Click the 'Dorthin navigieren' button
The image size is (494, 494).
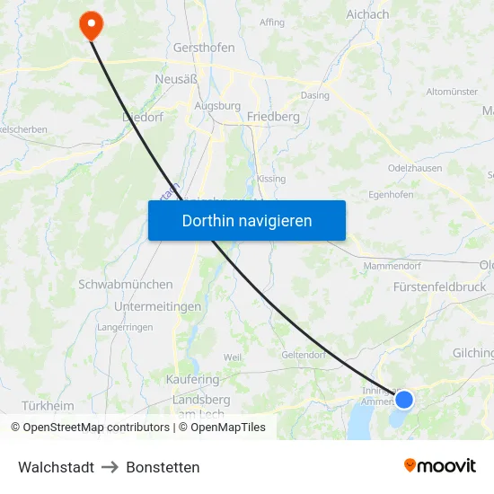[x=247, y=220]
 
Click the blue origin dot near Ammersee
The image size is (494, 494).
[x=404, y=399]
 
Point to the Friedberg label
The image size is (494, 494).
[x=272, y=117]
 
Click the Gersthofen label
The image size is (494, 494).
[x=204, y=48]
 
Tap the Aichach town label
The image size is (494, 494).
[x=367, y=14]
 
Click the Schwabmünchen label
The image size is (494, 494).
[x=126, y=284]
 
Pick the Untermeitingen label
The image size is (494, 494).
[x=157, y=306]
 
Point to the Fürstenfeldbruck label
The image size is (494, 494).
[x=440, y=287]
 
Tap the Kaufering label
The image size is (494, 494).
[x=192, y=380]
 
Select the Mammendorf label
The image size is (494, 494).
[x=393, y=266]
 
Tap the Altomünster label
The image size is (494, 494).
[x=452, y=92]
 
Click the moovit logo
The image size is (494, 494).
[x=439, y=465]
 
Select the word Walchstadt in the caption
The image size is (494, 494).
[x=56, y=467]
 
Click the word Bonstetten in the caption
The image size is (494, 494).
[x=163, y=467]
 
